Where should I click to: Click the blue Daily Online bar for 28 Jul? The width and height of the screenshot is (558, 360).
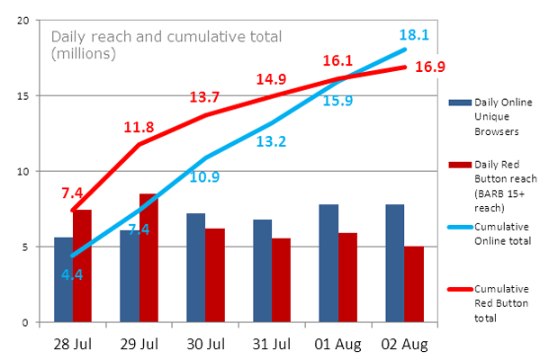pyautogui.click(x=63, y=280)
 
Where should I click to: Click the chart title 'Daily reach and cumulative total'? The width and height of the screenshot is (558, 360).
pyautogui.click(x=166, y=37)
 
